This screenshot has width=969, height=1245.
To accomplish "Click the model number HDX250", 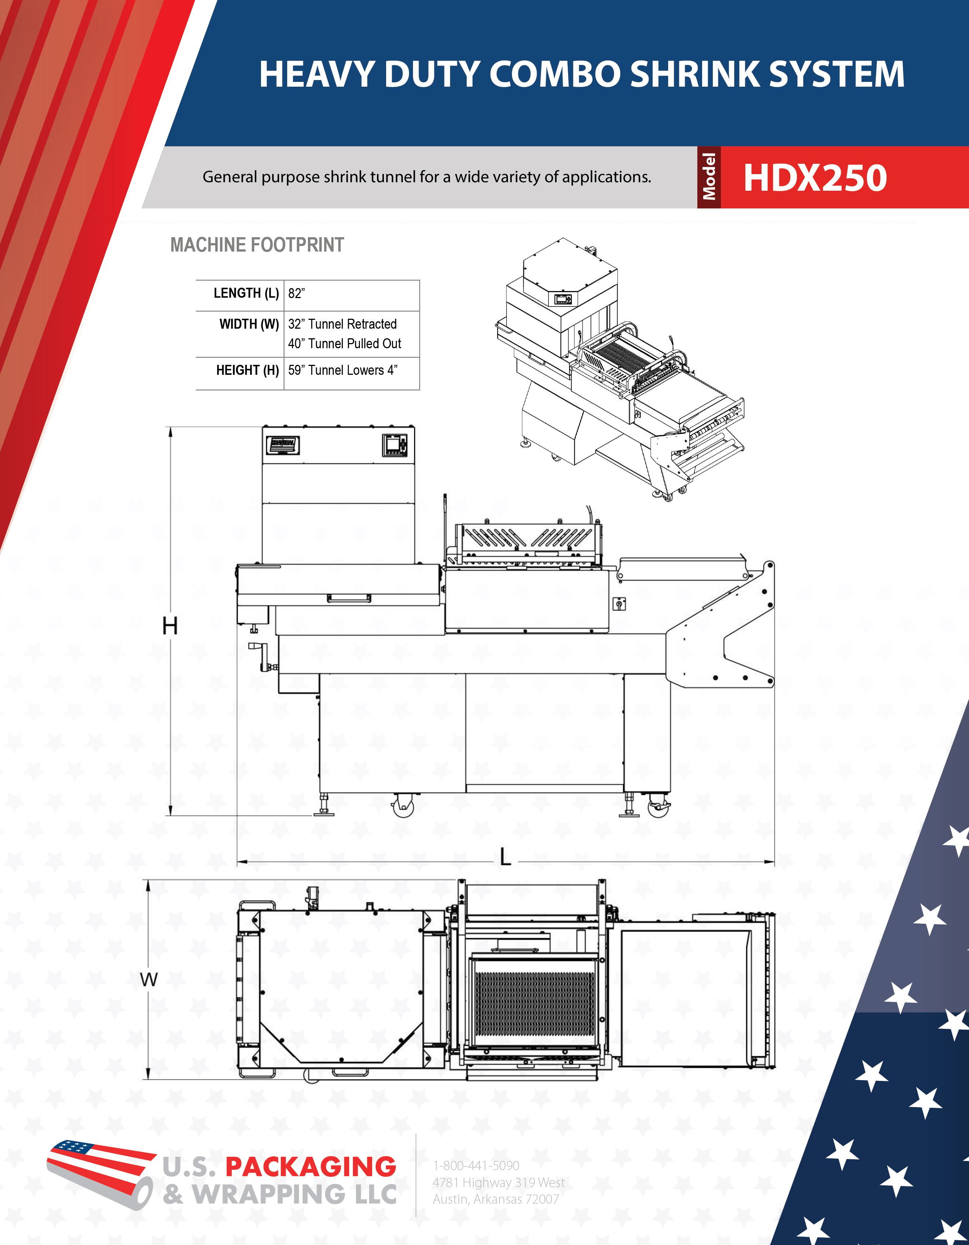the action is point(815,177).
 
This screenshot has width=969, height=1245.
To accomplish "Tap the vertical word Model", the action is point(709,177).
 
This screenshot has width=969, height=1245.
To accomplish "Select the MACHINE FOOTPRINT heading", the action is point(257,245).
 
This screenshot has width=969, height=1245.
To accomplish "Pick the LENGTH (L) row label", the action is point(246,293).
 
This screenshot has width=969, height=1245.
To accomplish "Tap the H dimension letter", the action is point(170,626).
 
